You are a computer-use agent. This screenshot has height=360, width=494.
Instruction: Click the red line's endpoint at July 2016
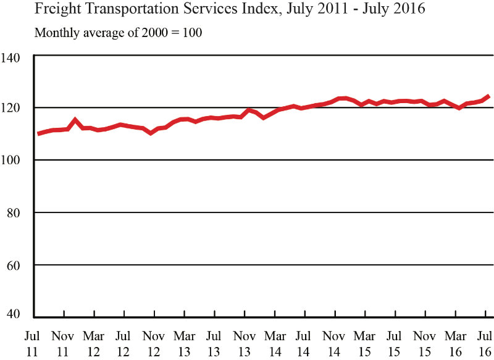[488, 96]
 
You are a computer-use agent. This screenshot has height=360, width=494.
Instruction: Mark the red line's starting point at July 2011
[38, 133]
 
